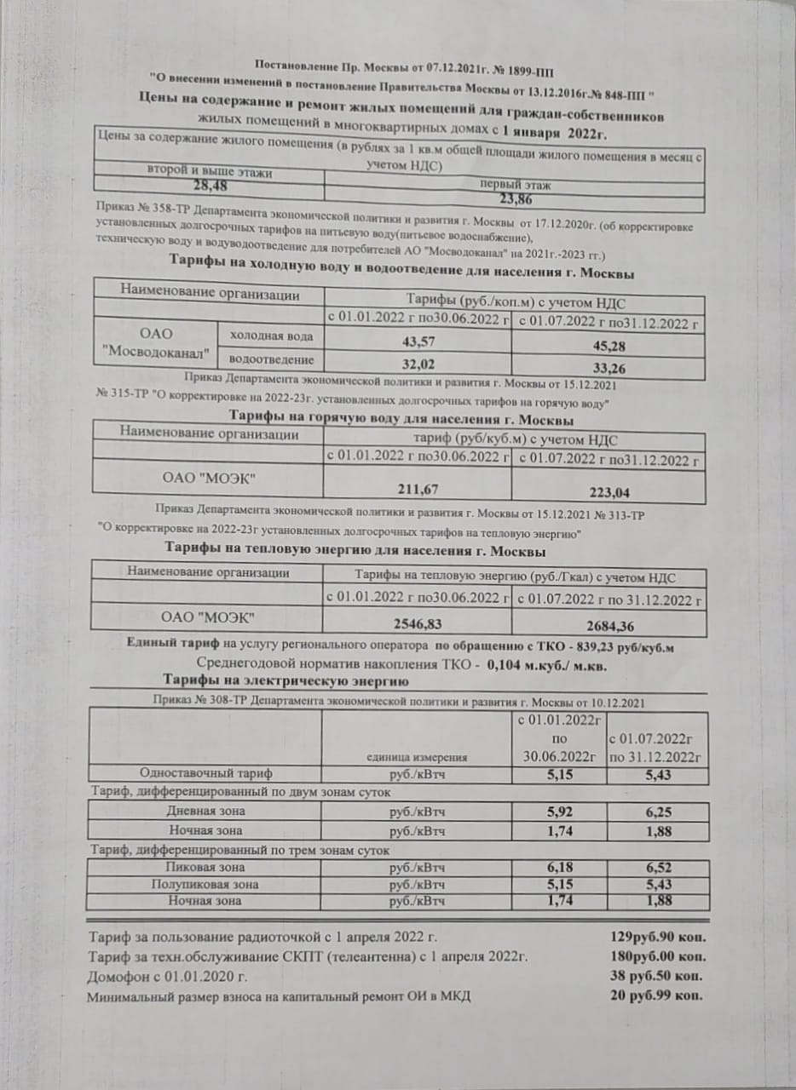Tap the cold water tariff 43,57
[x=418, y=341]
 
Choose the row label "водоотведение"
[x=270, y=361]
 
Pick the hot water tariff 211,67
[x=418, y=488]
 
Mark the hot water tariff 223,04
[x=608, y=492]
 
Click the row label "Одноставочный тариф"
[x=206, y=773]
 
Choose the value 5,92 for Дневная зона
[x=558, y=812]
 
